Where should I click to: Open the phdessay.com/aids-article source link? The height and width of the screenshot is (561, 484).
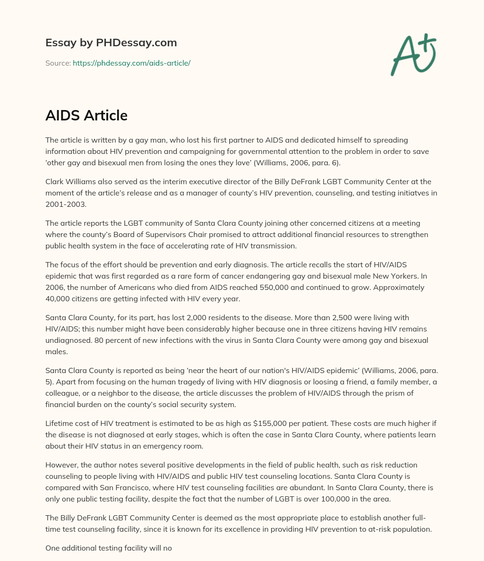tap(131, 63)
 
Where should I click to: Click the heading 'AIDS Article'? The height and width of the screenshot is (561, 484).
tap(86, 115)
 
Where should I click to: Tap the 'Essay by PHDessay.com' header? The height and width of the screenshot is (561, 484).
tap(111, 42)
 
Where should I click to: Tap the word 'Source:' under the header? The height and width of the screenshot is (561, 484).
tap(58, 63)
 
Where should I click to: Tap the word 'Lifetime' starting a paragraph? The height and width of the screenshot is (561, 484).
tap(60, 423)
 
